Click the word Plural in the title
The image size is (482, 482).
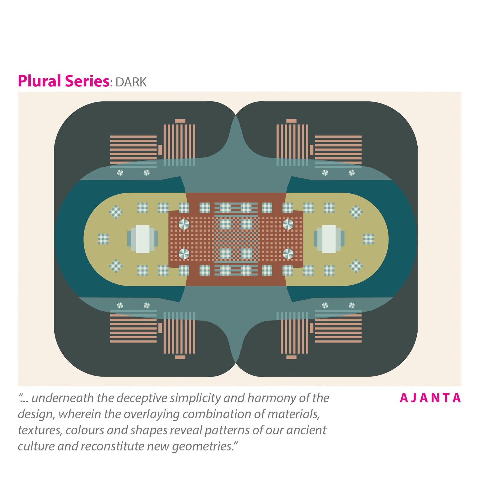click(39, 81)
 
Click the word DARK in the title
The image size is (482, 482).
click(131, 82)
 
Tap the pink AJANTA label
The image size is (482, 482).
click(430, 398)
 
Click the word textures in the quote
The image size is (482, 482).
click(40, 430)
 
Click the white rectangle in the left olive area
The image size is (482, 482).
click(143, 239)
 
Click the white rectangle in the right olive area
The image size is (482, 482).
click(329, 239)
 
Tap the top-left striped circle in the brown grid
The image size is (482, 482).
click(184, 224)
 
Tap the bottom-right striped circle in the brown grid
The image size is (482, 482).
click(288, 254)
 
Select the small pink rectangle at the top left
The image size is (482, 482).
click(180, 121)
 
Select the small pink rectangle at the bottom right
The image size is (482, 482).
click(291, 357)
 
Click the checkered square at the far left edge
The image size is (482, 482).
click(103, 239)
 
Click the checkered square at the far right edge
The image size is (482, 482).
click(368, 239)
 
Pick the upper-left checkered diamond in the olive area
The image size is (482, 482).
click(116, 212)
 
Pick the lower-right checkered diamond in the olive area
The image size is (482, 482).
click(356, 266)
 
